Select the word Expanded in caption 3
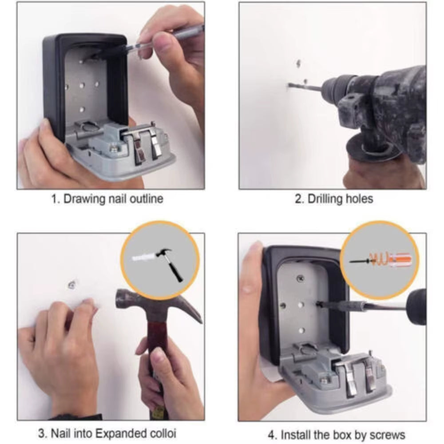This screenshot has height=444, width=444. click(117, 433)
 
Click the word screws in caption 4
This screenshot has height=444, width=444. click(387, 434)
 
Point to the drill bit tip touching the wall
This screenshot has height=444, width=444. click(289, 85)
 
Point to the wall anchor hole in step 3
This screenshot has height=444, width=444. click(71, 283)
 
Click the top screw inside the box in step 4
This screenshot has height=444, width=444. click(301, 278)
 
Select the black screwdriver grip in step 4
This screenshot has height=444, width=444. click(416, 306)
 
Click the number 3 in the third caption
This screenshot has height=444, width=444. click(41, 433)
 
